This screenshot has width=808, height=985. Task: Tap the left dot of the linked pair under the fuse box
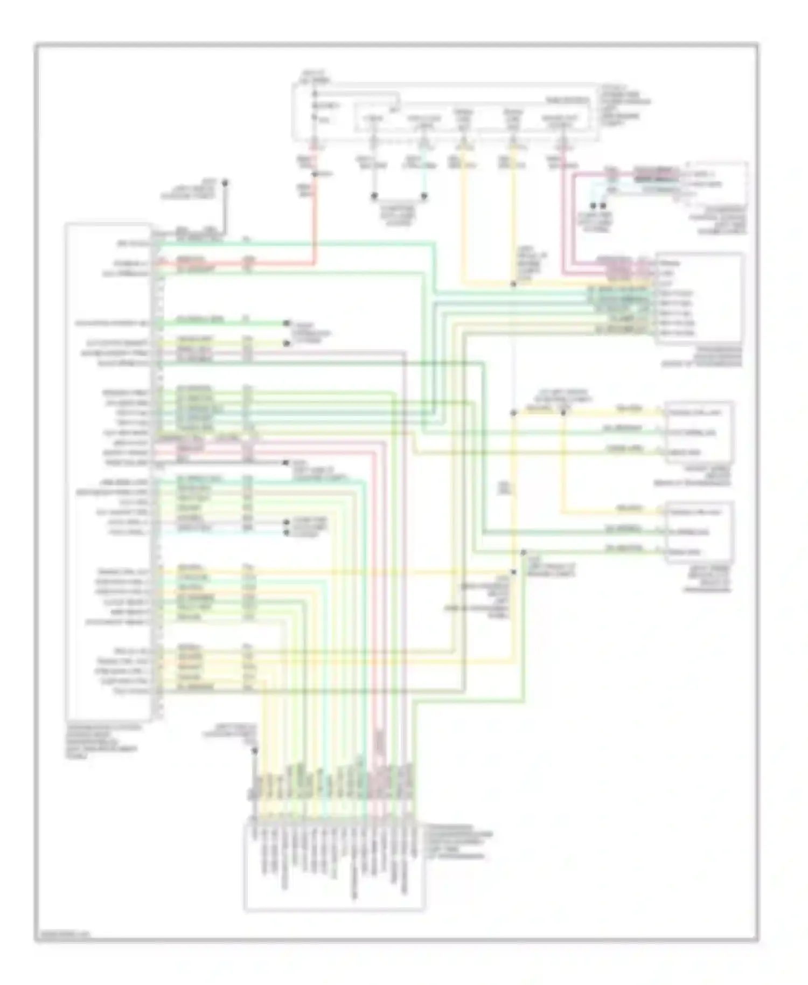(x=374, y=196)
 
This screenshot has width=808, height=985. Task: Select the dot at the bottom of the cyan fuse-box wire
(x=424, y=196)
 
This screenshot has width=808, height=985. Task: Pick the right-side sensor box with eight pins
(x=700, y=298)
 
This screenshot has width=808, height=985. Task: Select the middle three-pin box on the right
(x=699, y=432)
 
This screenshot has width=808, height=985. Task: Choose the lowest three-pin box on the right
(x=699, y=532)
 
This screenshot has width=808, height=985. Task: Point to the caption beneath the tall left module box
(x=102, y=741)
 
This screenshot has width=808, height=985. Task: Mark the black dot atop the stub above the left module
(x=225, y=183)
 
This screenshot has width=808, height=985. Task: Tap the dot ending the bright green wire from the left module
(x=287, y=323)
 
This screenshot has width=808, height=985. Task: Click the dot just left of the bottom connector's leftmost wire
(x=255, y=750)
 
